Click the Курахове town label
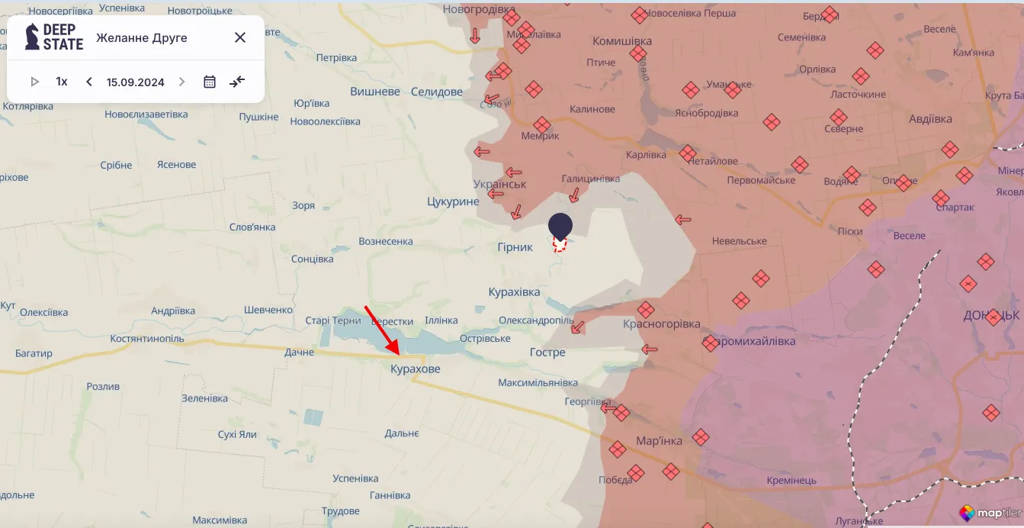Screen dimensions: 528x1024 415,369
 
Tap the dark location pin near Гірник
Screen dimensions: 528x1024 560,226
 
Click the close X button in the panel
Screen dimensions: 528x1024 240,37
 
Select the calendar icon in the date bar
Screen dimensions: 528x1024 210,82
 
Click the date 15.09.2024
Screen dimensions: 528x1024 136,82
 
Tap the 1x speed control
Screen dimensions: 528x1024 62,82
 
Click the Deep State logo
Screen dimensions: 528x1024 53,37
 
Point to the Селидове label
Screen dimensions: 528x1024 436,92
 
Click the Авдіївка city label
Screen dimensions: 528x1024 930,119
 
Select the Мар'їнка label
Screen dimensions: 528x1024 660,441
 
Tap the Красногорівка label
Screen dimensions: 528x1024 662,324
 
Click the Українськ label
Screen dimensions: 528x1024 499,185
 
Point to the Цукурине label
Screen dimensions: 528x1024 453,201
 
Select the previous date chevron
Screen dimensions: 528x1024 89,82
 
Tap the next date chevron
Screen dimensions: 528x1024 181,82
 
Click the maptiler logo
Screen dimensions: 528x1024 990,513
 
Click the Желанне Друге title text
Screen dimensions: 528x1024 142,37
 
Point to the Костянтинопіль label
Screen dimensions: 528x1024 147,338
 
